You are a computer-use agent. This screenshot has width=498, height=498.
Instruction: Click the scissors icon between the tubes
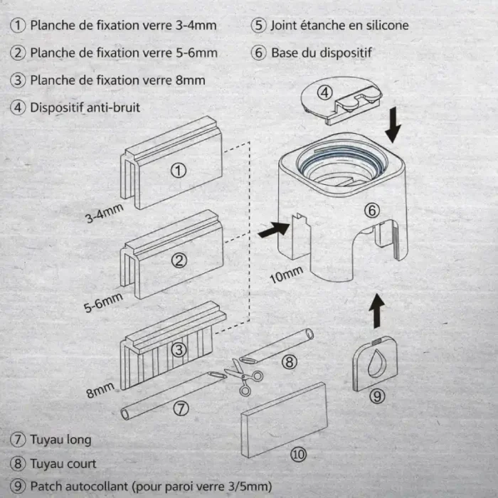pos(244,376)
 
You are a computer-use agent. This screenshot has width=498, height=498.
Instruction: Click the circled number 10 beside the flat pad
pos(298,455)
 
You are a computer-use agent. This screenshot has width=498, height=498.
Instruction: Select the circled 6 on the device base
pos(372,211)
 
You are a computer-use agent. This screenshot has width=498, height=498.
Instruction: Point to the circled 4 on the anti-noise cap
pos(324,92)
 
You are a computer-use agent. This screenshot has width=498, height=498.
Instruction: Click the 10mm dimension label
pos(286,275)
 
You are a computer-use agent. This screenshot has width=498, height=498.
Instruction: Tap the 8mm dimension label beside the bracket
pos(100,391)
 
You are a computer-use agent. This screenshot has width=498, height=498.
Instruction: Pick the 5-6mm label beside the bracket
pos(103,302)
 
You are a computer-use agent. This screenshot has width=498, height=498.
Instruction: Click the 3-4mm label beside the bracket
pos(104,213)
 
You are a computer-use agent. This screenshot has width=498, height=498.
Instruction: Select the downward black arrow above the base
pos(393,124)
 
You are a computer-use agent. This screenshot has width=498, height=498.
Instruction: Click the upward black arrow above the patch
pos(377,311)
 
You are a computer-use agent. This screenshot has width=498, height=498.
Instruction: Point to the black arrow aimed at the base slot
pos(274,229)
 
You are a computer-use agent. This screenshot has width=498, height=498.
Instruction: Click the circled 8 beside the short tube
pos(290,361)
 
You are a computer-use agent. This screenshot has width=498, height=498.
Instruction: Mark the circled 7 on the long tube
pos(181,408)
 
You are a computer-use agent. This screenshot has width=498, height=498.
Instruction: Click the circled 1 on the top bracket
pos(179,171)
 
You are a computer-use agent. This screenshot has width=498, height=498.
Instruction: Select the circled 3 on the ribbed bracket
pos(179,350)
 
